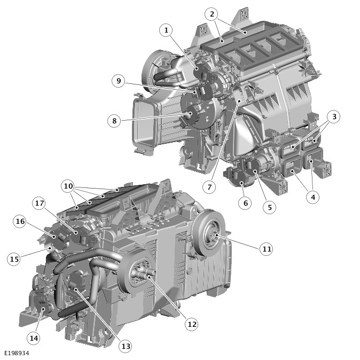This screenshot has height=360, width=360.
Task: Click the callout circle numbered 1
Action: [x=166, y=30]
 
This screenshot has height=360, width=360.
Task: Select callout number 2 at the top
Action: [x=212, y=14]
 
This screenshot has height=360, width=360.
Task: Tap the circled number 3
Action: [x=334, y=116]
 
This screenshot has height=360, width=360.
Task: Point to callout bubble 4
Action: [x=313, y=197]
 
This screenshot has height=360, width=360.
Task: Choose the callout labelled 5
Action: [x=270, y=207]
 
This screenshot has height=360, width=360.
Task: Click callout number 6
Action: [x=245, y=203]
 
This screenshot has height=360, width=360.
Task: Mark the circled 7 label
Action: [x=209, y=187]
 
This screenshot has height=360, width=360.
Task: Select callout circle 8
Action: [x=114, y=121]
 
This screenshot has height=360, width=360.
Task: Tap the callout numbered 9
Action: [x=119, y=81]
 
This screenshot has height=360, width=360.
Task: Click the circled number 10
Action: [x=68, y=186]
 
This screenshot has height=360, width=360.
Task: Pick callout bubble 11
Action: [x=267, y=249]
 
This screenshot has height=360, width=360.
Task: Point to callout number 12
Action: [x=192, y=324]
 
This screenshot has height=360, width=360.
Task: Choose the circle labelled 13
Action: [x=126, y=346]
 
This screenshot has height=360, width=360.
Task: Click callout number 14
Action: [x=34, y=338]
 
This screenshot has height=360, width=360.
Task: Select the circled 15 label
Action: [x=14, y=259]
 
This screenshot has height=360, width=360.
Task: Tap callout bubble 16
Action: [x=20, y=221]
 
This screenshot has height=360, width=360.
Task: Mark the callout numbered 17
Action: [x=39, y=203]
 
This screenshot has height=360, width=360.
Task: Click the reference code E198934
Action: [x=17, y=353]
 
